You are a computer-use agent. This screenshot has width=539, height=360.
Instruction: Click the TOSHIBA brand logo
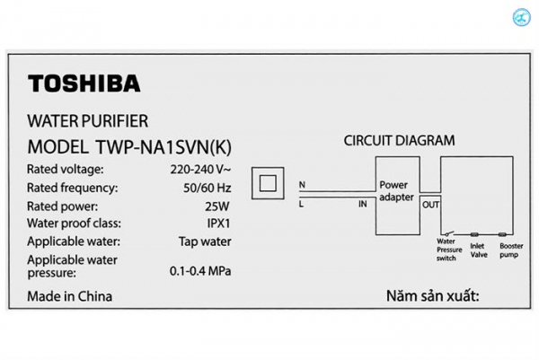click(x=84, y=84)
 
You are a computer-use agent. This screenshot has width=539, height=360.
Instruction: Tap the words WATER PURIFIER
click(x=88, y=120)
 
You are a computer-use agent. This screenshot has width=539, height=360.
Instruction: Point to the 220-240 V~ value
click(x=201, y=169)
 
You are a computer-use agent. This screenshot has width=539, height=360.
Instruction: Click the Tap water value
click(x=205, y=241)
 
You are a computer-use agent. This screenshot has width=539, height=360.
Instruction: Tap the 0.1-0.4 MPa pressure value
click(x=201, y=270)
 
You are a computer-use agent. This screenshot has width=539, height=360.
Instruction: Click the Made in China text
click(x=70, y=296)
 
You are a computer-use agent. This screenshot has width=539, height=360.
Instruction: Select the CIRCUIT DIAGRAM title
click(x=400, y=140)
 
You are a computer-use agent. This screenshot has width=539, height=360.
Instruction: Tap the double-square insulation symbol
click(x=267, y=184)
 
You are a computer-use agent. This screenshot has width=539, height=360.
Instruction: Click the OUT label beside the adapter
click(x=430, y=204)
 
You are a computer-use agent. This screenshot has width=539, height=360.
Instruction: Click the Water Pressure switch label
click(x=446, y=249)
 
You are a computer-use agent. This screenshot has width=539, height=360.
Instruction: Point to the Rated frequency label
click(x=72, y=188)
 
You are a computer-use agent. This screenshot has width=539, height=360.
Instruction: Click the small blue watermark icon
click(x=519, y=18)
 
